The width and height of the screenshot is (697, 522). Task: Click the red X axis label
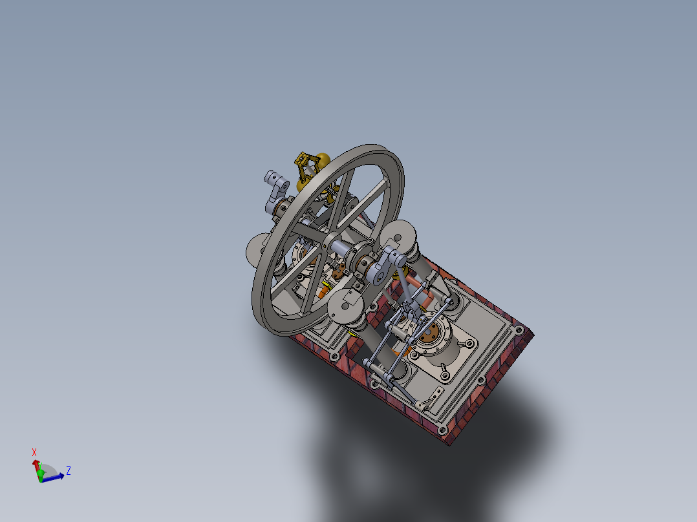(34, 452)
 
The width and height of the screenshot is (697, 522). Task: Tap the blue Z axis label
(68, 471)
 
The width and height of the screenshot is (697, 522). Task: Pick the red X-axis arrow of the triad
(36, 465)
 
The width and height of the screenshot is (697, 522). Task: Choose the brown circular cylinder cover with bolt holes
(428, 335)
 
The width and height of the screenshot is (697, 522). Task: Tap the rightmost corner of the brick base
(532, 333)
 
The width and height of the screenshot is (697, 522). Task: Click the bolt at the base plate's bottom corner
(442, 429)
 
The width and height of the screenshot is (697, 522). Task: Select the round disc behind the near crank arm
(400, 235)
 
